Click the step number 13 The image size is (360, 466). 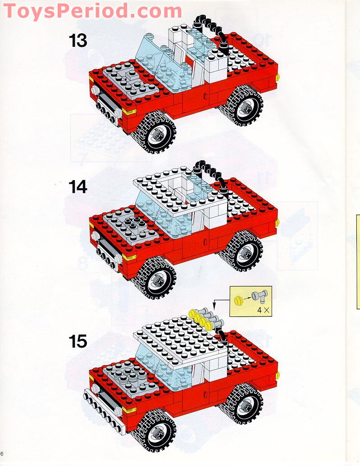pyautogui.click(x=77, y=41)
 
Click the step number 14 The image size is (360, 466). pyautogui.click(x=77, y=186)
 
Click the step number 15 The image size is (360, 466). pyautogui.click(x=77, y=341)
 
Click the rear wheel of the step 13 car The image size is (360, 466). pyautogui.click(x=242, y=105)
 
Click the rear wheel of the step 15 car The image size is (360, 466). pyautogui.click(x=242, y=405)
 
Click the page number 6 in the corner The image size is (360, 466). pyautogui.click(x=2, y=453)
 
